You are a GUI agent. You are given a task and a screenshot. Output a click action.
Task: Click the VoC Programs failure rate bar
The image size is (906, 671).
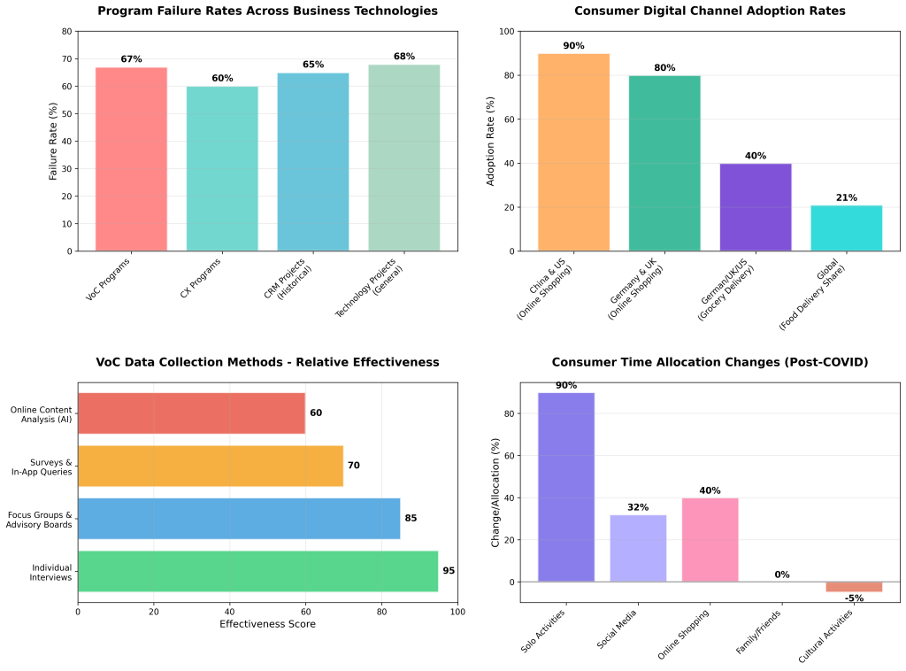tap(131, 159)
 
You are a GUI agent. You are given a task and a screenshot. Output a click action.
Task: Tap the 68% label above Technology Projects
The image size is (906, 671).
tap(403, 57)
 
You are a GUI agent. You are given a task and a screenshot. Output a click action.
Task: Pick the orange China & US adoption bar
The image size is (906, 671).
tap(573, 152)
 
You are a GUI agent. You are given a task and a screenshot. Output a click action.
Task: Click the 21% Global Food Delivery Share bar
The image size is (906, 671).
tap(846, 228)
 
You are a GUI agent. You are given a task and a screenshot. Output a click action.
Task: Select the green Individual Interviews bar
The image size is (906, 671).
tap(257, 571)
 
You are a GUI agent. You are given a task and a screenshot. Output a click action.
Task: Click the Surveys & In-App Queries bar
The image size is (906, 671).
tap(211, 466)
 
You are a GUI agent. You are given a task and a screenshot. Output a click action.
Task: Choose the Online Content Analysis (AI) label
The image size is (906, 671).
tap(42, 413)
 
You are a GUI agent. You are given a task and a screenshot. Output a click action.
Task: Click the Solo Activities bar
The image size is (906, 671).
tap(566, 487)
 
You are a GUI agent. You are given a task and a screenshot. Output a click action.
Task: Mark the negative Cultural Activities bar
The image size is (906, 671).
tap(854, 587)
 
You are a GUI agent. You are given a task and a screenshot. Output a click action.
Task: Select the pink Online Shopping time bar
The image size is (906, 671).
tap(710, 540)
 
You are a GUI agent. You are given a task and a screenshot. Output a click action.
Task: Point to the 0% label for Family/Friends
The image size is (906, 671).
tap(782, 575)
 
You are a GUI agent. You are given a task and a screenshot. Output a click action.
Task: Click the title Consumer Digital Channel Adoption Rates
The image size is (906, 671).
tap(710, 12)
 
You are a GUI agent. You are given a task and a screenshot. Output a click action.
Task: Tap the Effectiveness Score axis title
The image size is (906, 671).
tap(267, 624)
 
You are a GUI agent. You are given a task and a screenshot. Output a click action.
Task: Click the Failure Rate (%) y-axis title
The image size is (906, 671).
tap(54, 142)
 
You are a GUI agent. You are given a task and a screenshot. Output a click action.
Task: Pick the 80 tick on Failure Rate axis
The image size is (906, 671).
tap(67, 31)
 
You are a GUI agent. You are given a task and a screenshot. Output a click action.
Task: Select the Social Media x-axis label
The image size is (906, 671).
tap(618, 630)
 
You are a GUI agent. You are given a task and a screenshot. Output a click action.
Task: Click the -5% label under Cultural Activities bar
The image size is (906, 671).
tap(854, 598)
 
